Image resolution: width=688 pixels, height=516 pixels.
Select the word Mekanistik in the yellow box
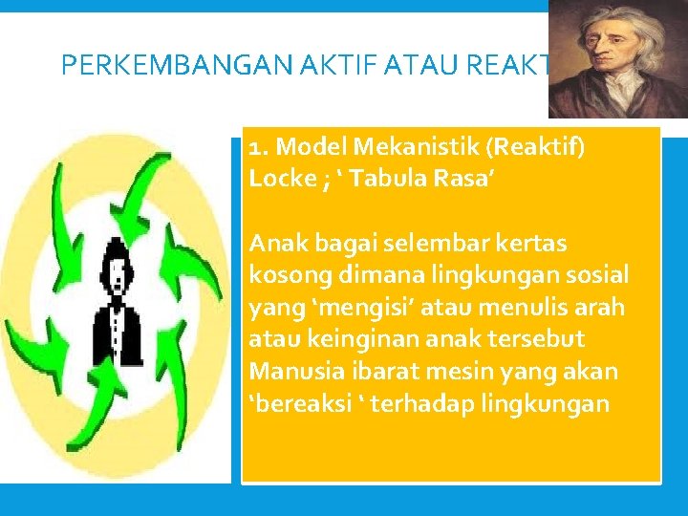coord(399,148)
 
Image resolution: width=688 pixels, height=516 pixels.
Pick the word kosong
coord(284,275)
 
